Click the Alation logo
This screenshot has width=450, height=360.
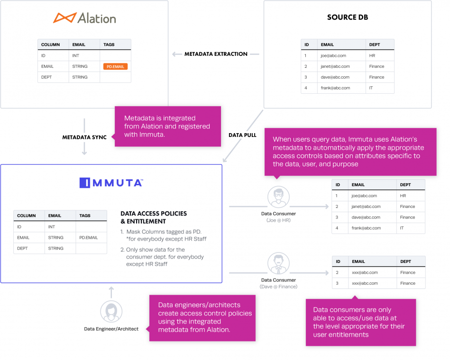[x=84, y=18]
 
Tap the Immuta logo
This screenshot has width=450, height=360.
[x=111, y=182]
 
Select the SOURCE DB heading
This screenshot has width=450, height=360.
[x=348, y=18]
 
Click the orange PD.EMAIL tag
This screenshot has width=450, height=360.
[x=115, y=67]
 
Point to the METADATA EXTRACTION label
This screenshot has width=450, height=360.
[x=216, y=54]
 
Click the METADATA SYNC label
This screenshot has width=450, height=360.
[x=84, y=137]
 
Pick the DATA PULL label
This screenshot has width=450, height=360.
[x=242, y=135]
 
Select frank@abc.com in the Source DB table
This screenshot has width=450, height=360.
[x=335, y=88]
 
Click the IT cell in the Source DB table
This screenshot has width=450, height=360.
[x=372, y=88]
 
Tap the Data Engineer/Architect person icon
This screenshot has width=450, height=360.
[x=111, y=312]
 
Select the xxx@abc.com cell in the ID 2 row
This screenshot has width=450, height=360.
[x=365, y=272]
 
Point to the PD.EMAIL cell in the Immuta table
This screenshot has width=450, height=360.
[x=89, y=237]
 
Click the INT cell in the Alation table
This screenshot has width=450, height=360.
[x=76, y=55]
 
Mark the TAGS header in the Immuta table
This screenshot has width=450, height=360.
[x=85, y=216]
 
